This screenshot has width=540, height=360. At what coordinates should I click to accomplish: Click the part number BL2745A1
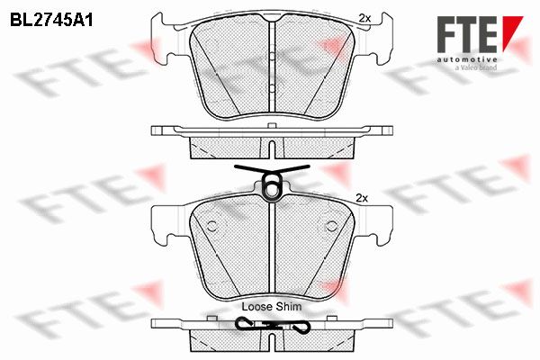click(x=51, y=21)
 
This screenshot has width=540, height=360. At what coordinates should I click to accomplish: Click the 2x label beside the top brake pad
click(x=364, y=18)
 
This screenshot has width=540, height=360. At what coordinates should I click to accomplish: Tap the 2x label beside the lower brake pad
click(x=362, y=198)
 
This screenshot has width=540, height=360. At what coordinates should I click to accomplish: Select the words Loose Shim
click(x=272, y=306)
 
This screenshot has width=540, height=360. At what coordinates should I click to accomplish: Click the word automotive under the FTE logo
click(x=467, y=59)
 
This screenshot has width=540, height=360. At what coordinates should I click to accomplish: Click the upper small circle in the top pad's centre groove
click(x=272, y=56)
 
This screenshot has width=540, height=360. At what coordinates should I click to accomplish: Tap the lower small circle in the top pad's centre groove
click(x=272, y=88)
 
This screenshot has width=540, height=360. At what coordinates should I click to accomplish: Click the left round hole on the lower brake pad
click(x=212, y=226)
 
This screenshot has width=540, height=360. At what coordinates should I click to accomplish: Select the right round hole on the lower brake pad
click(x=331, y=226)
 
